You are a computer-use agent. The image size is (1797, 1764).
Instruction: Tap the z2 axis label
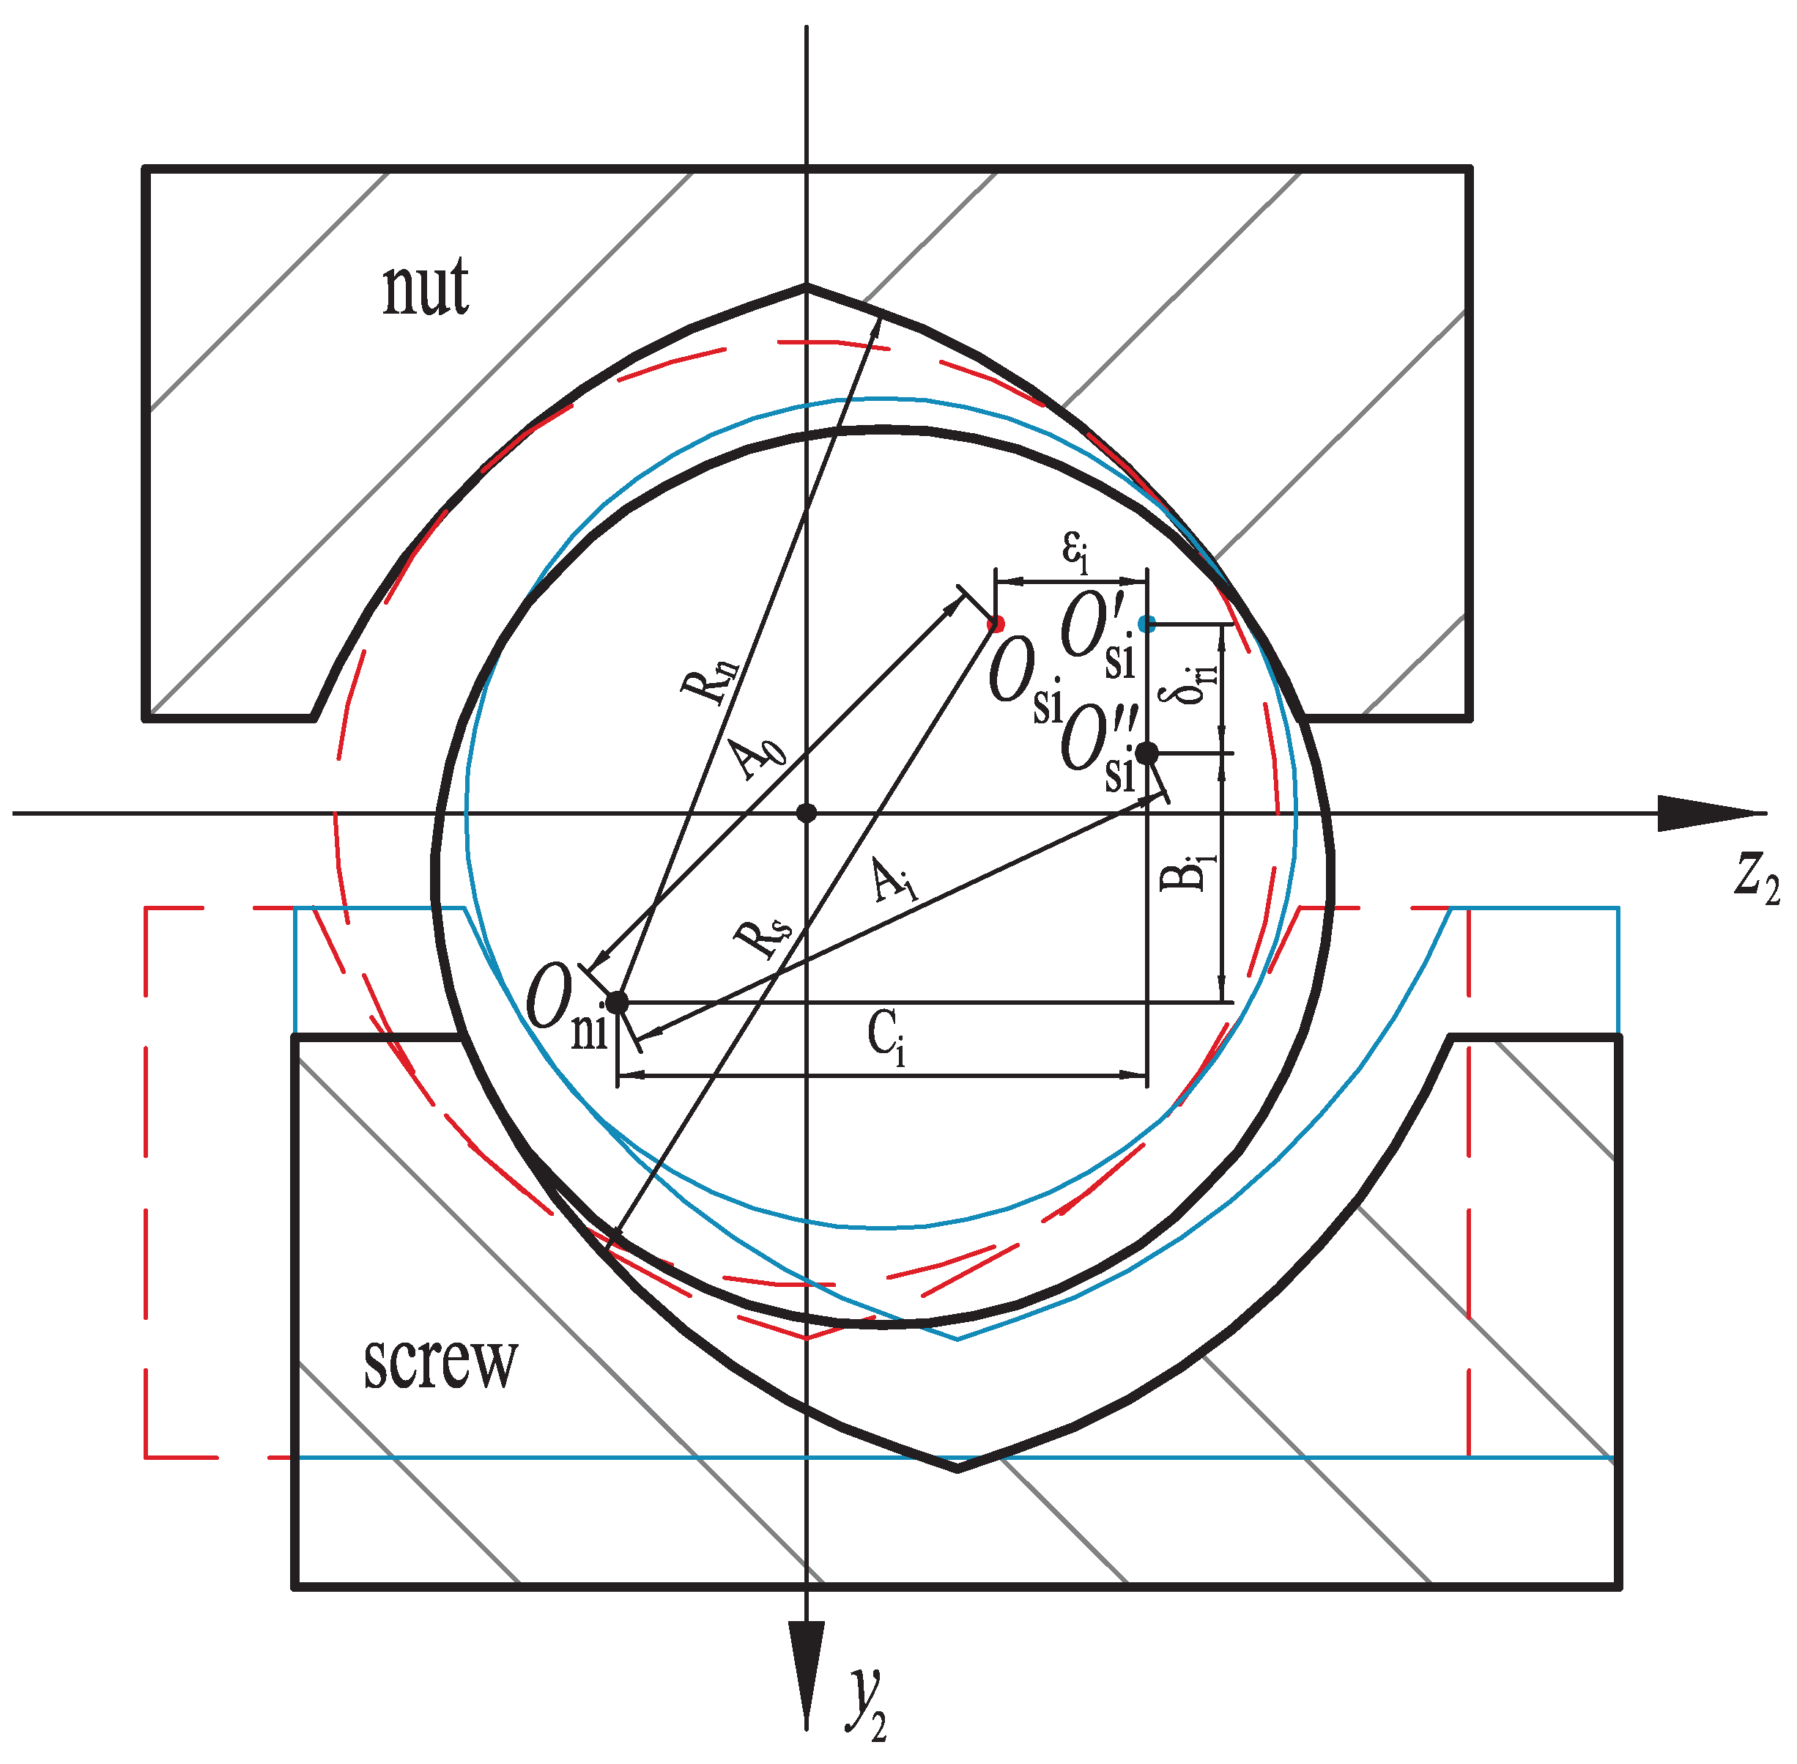coord(1756,876)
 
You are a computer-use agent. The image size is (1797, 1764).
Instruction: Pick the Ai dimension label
coord(894,880)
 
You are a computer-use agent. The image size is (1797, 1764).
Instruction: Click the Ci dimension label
coord(886,1037)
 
